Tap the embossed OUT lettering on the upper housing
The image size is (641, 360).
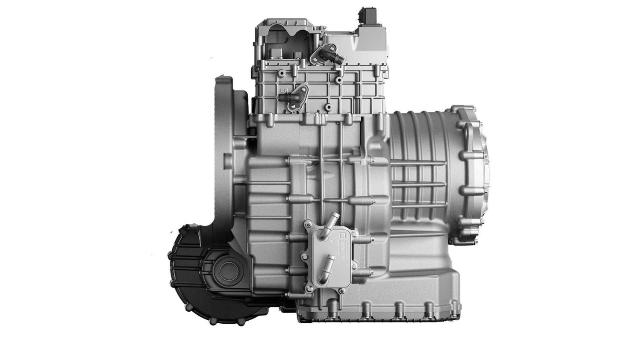pos(285,90)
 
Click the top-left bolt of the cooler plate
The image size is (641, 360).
pos(307,224)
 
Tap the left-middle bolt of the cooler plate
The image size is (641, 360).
pos(305,257)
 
